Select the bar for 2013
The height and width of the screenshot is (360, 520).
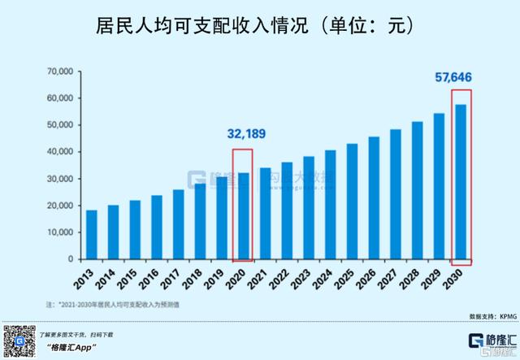tap(91, 235)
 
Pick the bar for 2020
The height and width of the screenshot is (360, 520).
tap(243, 216)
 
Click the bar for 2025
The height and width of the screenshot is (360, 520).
tap(352, 202)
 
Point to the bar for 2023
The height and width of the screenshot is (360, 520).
tap(309, 207)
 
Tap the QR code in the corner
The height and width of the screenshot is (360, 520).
tap(17, 340)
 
